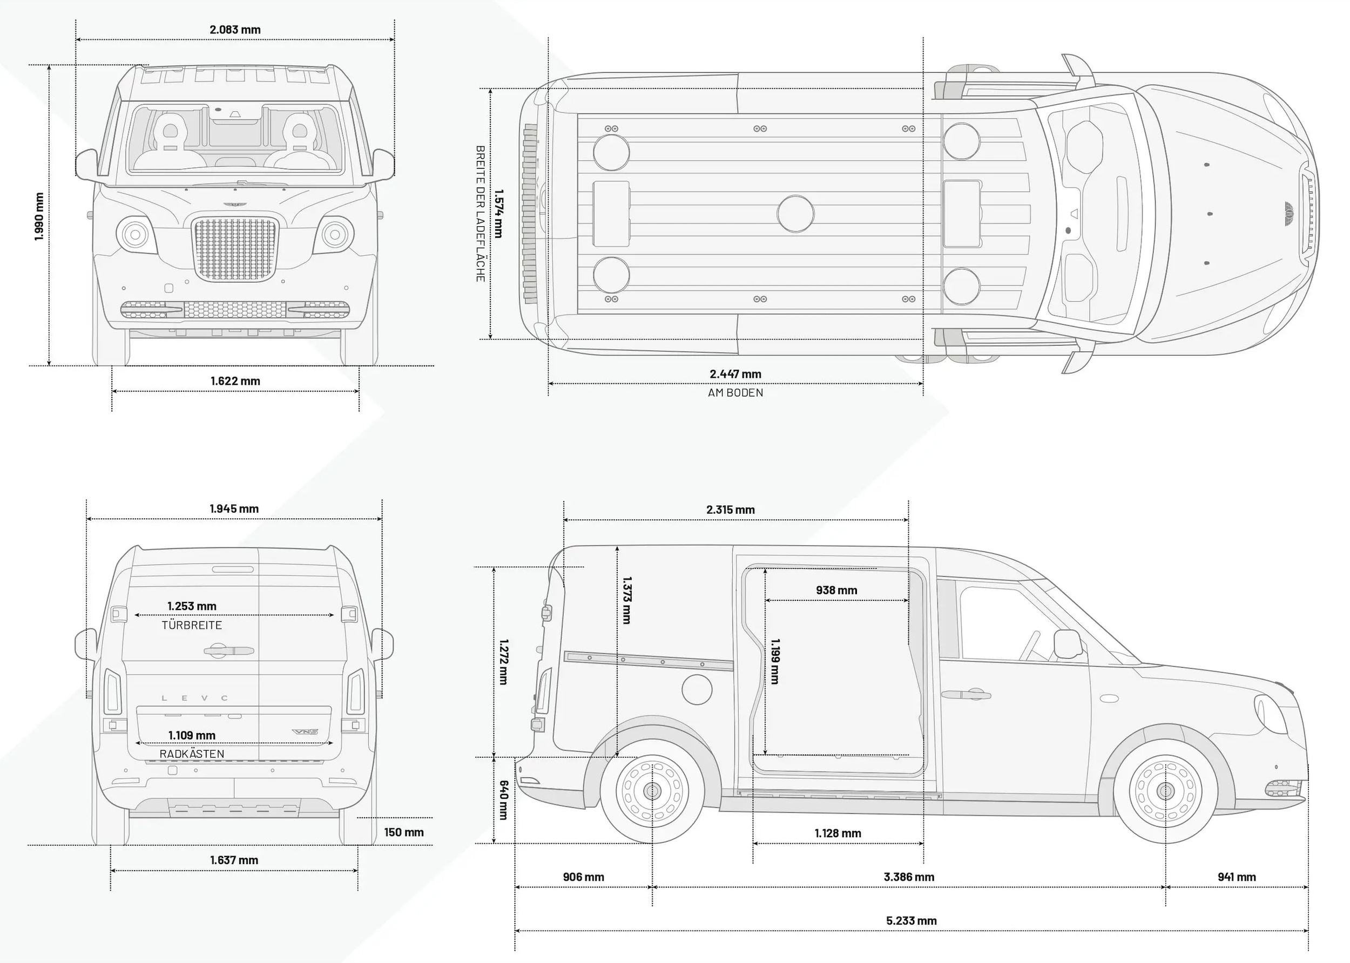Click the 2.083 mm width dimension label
[235, 30]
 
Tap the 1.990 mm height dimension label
[39, 216]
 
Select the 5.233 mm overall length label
[911, 920]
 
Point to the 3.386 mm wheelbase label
[909, 877]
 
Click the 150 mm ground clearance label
[404, 832]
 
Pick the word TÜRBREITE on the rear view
[192, 625]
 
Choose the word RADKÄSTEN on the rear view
[192, 754]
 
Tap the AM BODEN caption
[735, 392]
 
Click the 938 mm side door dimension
[836, 590]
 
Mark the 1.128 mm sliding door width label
[838, 833]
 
